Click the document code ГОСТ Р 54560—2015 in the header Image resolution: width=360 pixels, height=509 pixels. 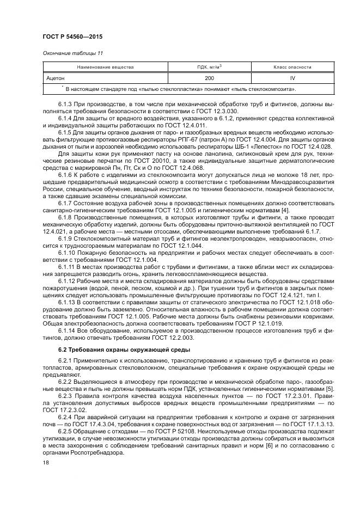(73, 37)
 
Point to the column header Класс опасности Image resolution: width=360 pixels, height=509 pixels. (292, 68)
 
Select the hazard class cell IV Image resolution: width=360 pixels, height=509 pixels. (292, 78)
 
